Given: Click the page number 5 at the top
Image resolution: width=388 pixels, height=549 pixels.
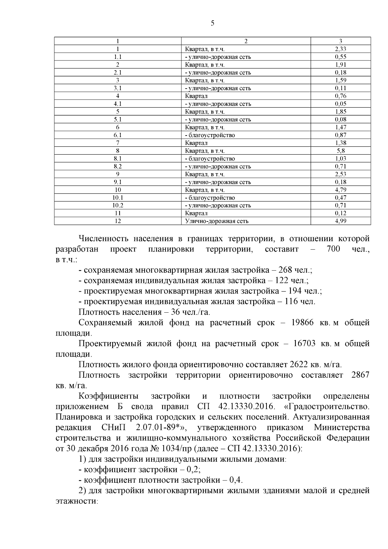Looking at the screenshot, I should coord(212,23).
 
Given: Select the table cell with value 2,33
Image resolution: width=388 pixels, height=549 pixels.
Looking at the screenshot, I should coord(340,49).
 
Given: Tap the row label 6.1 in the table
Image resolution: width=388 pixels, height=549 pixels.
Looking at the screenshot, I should coord(118,135).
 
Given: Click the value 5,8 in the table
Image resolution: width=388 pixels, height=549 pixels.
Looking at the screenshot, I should coord(340,151).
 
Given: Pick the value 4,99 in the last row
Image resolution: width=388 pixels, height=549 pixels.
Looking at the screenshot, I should coord(340,221).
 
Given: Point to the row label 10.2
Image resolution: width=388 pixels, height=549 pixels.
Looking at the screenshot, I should coord(118,205).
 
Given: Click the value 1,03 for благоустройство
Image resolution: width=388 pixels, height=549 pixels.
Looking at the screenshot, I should coord(340,158).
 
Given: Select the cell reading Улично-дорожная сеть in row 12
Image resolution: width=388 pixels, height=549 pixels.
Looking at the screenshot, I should coord(217,221).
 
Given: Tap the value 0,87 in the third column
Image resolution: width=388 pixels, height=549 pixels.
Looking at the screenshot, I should coord(340,135).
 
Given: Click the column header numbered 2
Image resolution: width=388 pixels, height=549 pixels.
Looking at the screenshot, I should coord(246,41).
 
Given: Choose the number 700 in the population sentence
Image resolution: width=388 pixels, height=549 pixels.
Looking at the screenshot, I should coord(333,249).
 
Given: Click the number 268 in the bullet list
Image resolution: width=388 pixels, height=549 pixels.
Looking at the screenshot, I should coord(286,270).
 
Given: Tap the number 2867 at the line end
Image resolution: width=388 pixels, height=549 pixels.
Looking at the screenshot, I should coord(360,375).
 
